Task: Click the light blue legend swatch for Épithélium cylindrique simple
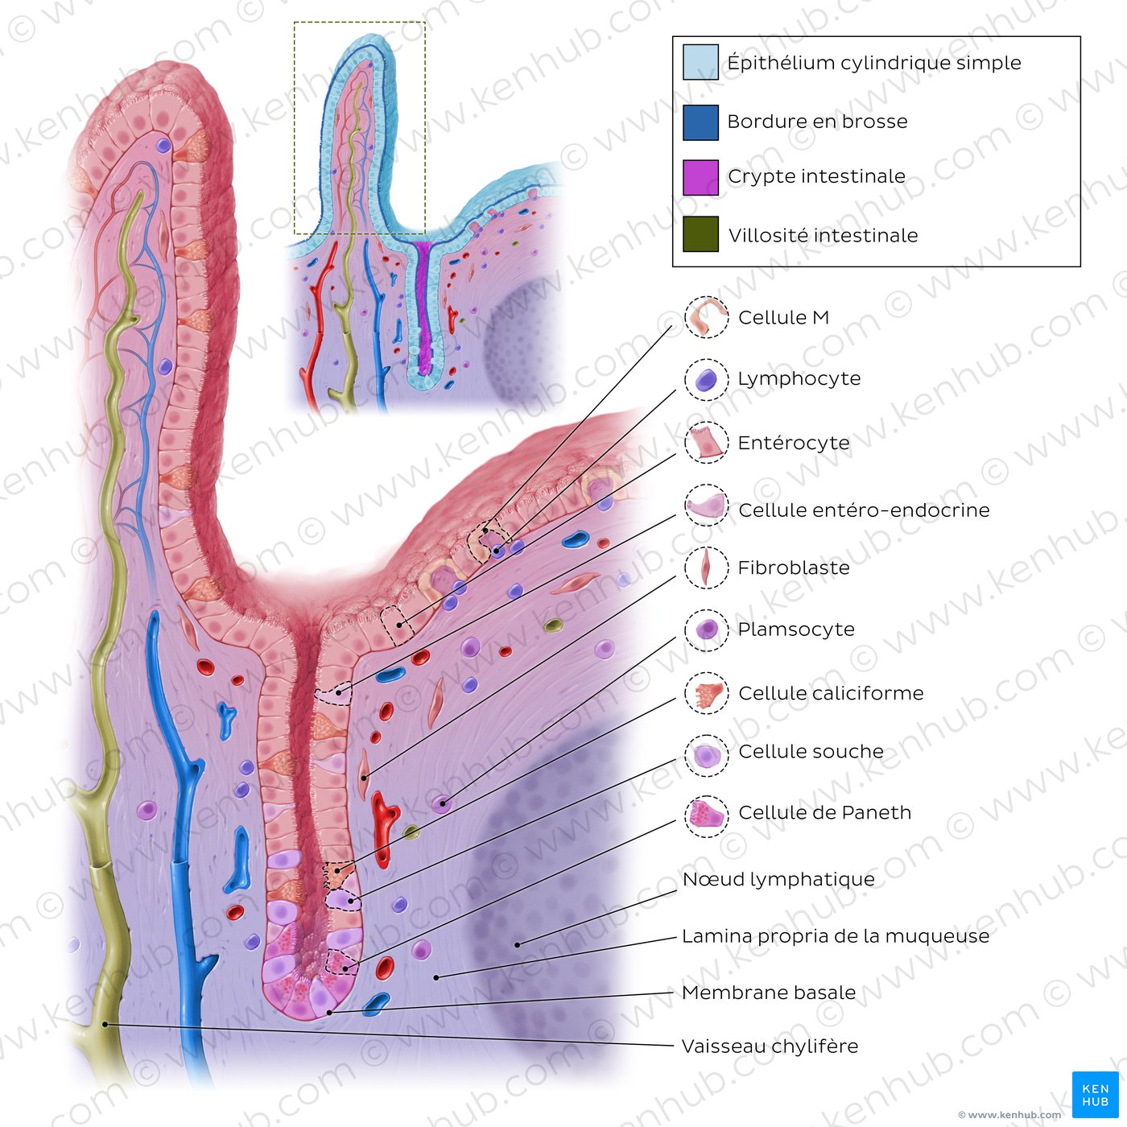(x=700, y=62)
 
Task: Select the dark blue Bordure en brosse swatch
(x=700, y=122)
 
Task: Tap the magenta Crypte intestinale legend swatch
(x=700, y=177)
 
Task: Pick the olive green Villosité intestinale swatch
(x=700, y=234)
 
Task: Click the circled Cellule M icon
(x=707, y=317)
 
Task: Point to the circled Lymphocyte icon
(x=707, y=380)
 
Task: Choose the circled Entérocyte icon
(x=707, y=443)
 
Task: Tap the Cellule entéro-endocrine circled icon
(x=707, y=506)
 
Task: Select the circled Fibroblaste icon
(x=707, y=568)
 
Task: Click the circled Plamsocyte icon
(x=707, y=630)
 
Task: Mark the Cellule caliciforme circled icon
(x=707, y=693)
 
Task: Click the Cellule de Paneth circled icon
(x=707, y=815)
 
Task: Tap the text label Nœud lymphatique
(x=778, y=879)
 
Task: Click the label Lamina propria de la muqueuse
(x=836, y=936)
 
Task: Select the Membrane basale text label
(x=769, y=993)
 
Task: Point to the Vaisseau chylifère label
(x=770, y=1046)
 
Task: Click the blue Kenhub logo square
(x=1095, y=1095)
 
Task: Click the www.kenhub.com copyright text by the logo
(x=1009, y=1115)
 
